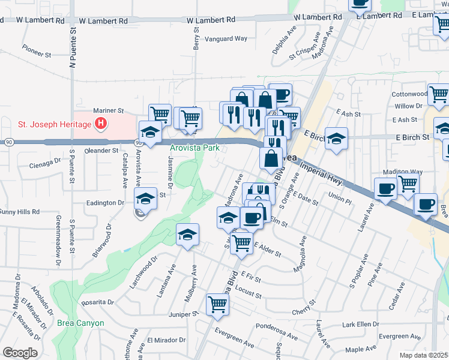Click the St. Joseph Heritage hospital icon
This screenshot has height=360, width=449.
tap(101, 124)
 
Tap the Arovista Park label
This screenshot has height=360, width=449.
tap(194, 148)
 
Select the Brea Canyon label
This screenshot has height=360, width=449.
tap(80, 323)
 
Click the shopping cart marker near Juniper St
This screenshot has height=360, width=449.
tap(217, 304)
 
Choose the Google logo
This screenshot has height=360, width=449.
tap(20, 353)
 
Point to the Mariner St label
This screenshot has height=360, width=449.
tap(108, 111)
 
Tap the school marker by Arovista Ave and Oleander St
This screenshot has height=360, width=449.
tap(150, 133)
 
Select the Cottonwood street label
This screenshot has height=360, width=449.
tap(408, 94)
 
